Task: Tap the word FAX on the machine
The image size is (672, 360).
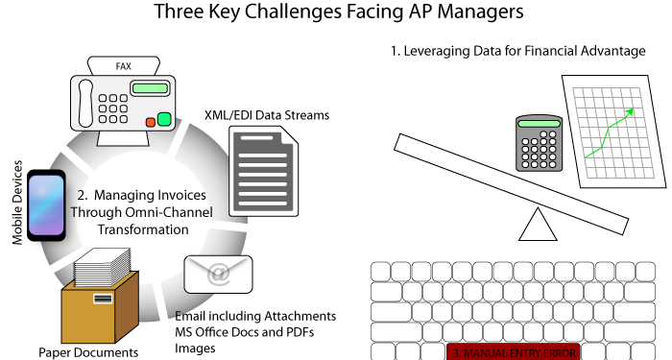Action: coord(123,65)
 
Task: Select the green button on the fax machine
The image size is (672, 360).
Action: coord(164,119)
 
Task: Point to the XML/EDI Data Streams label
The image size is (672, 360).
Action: coord(267,115)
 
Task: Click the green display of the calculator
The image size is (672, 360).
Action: coord(538,124)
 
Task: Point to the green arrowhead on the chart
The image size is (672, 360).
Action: coord(630,112)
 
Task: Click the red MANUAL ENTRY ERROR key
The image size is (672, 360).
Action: coord(515,352)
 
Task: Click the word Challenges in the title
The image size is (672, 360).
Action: coord(353,12)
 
